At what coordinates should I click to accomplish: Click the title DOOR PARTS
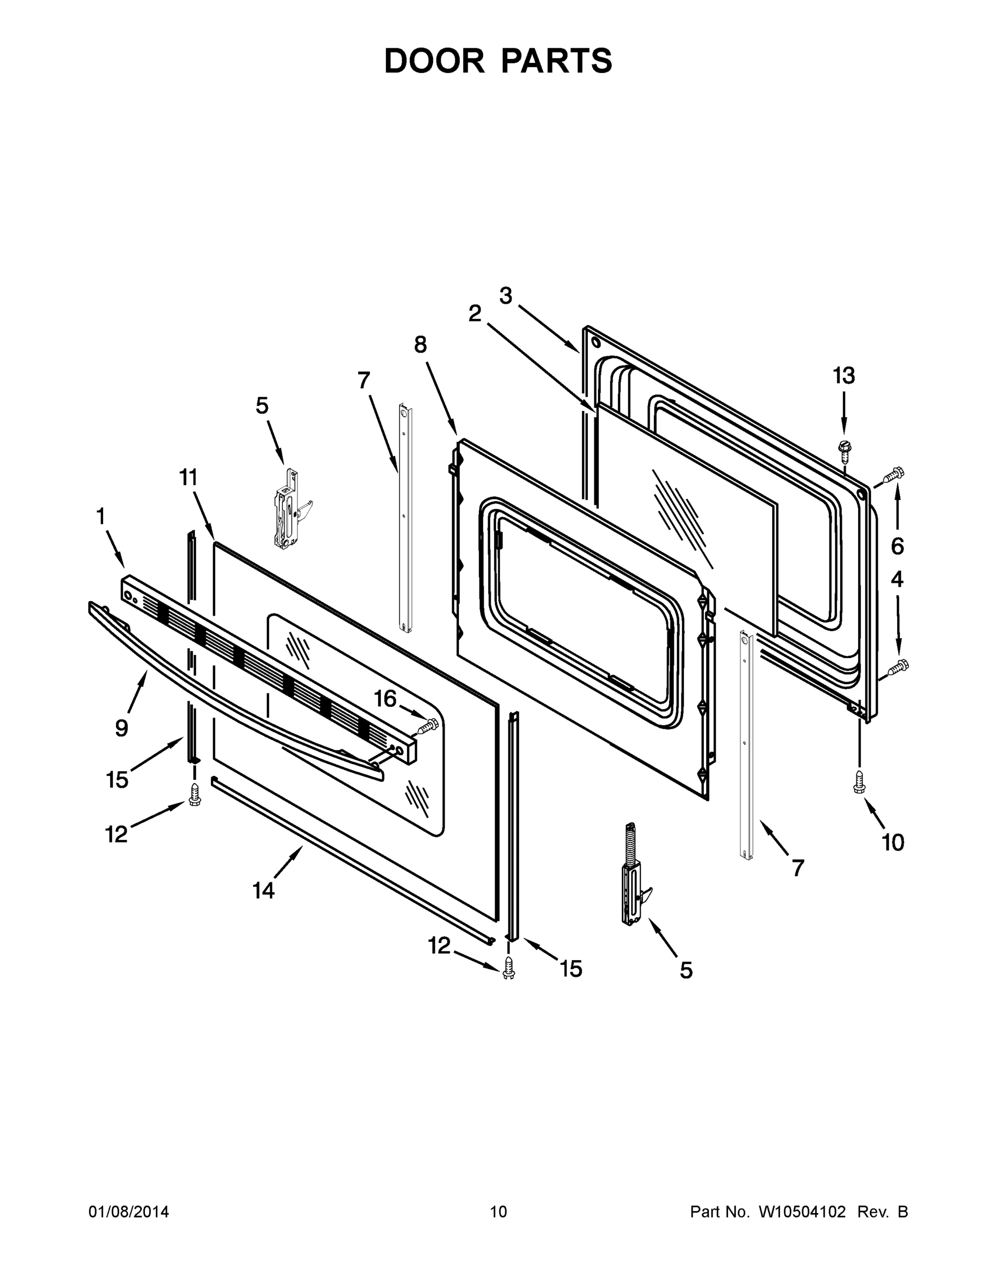click(x=498, y=61)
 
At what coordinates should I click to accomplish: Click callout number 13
click(x=843, y=375)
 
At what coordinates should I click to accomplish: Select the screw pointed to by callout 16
click(x=429, y=726)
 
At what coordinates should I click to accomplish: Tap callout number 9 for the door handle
click(x=121, y=728)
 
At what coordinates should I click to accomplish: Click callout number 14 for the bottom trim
click(x=264, y=890)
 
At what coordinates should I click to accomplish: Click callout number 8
click(x=419, y=345)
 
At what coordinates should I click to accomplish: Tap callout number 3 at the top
click(x=506, y=296)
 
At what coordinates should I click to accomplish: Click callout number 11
click(x=188, y=477)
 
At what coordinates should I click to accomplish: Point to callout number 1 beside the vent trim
click(x=100, y=517)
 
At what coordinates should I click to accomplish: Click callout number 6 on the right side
click(x=897, y=547)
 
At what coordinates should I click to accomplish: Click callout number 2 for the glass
click(x=475, y=314)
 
